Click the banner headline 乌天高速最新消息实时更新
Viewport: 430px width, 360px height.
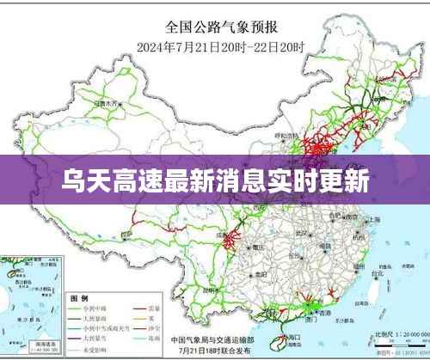pos(215,180)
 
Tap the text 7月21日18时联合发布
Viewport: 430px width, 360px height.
pos(215,351)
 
